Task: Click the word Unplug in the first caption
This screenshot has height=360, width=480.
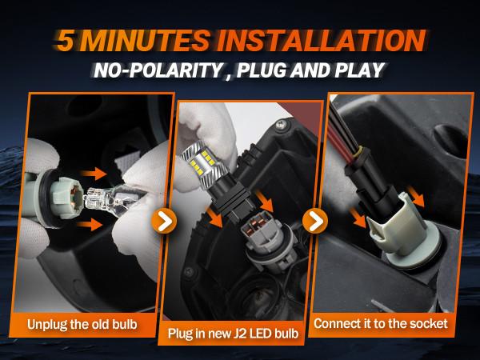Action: (54, 324)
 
